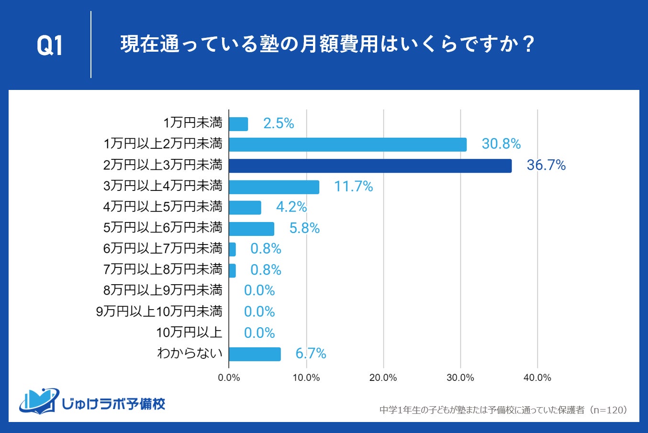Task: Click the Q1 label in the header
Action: pos(50,46)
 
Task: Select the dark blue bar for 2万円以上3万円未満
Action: pos(370,166)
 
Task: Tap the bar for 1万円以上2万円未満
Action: pos(347,144)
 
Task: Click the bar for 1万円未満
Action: pos(238,124)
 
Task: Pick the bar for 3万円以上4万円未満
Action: pos(274,187)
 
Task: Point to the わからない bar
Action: pos(255,354)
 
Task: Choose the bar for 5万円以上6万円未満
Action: pos(251,229)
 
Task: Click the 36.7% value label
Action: pos(546,166)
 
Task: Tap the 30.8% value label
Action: pos(501,144)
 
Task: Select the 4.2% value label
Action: pos(291,207)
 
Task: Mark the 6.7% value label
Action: pos(311,354)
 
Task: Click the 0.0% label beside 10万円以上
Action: pos(259,333)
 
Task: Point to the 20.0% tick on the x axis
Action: pos(383,377)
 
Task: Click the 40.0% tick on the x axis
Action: pos(537,377)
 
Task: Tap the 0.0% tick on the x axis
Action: pos(229,377)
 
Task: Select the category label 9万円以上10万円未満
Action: pos(159,311)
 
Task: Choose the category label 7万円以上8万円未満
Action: pos(163,269)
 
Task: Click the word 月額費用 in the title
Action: pos(330,45)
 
